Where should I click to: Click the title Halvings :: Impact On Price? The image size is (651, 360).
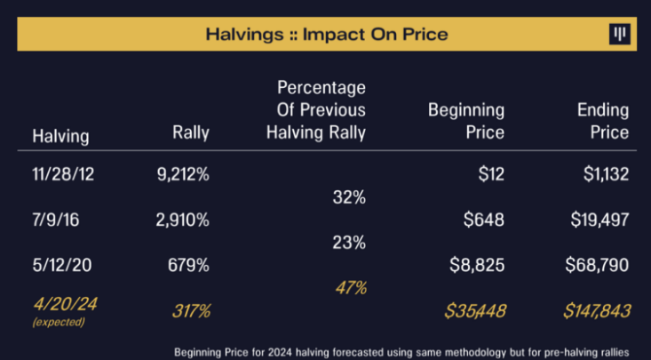tap(326, 36)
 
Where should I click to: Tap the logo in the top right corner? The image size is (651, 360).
tap(619, 35)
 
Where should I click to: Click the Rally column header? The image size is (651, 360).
tap(191, 133)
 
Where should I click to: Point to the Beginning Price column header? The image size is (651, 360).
tap(466, 122)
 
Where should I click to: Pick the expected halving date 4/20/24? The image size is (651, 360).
tap(64, 304)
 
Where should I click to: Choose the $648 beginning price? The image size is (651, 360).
tap(484, 220)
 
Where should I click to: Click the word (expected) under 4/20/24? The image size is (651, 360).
tap(59, 322)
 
